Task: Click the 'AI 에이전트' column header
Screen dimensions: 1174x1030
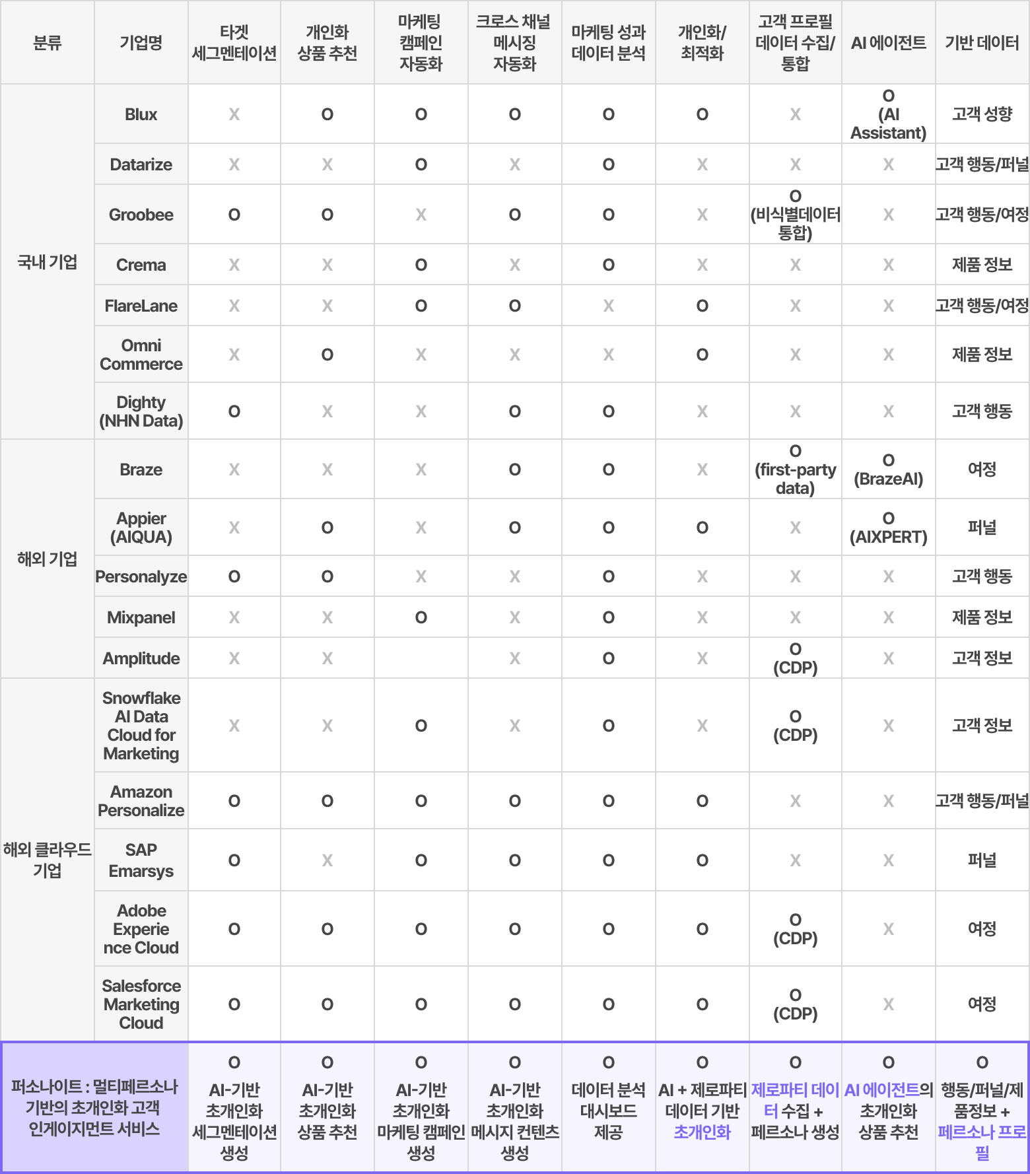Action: [x=888, y=43]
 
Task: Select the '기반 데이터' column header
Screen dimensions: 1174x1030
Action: [x=982, y=43]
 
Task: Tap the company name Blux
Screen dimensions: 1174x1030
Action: [x=141, y=114]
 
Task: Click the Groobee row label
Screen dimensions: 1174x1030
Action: [x=141, y=215]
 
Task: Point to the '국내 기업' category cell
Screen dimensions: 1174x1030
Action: [x=48, y=262]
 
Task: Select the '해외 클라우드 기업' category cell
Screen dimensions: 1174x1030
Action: [x=48, y=860]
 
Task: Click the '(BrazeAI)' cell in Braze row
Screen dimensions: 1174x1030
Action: [x=888, y=469]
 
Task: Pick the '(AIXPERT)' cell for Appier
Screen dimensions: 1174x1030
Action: [x=888, y=528]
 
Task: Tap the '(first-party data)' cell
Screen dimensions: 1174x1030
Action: [x=795, y=469]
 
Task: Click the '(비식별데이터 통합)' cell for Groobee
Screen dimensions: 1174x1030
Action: [x=795, y=215]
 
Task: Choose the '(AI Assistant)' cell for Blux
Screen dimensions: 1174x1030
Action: [x=888, y=114]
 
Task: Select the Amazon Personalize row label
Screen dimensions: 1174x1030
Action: [x=141, y=801]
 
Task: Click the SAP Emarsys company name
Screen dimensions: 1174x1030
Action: [x=141, y=860]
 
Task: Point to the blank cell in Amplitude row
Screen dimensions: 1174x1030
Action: [x=421, y=658]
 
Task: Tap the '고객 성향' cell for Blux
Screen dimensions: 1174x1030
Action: [x=982, y=114]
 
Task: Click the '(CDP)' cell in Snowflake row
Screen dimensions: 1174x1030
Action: [x=795, y=726]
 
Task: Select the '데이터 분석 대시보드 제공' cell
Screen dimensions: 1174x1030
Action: [x=608, y=1109]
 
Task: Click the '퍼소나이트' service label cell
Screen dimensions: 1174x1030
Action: [x=95, y=1107]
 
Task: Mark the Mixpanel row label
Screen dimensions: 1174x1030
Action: [x=141, y=617]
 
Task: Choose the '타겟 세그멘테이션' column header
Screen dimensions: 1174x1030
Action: [x=234, y=43]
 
